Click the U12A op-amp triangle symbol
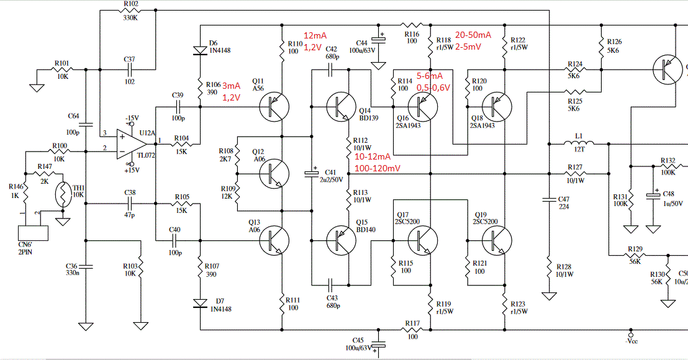[131, 144]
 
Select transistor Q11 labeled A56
[274, 106]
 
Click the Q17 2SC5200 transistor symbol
[423, 240]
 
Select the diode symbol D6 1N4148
[200, 50]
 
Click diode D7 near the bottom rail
[200, 303]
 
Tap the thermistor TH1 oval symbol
[63, 194]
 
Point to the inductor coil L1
[579, 142]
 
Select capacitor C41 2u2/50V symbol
[312, 174]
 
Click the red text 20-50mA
[473, 35]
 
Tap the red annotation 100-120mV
[378, 168]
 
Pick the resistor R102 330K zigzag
[131, 11]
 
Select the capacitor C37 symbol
[129, 70]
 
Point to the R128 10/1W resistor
[549, 267]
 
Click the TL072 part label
[146, 155]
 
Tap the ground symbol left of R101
[37, 88]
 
